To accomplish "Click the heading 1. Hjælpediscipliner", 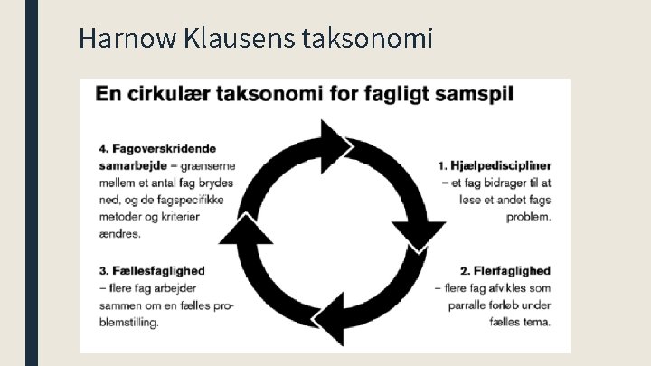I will [495, 166].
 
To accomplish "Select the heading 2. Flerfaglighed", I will [505, 270].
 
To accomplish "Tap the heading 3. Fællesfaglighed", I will [152, 270].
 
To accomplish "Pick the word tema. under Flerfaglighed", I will [538, 322].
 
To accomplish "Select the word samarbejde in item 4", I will [130, 165].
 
